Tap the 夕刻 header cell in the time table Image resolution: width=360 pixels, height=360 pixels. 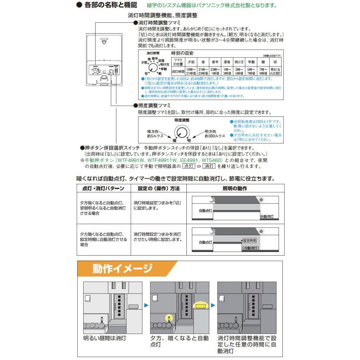coord(192,62)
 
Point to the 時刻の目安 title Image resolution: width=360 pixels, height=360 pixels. coord(182,53)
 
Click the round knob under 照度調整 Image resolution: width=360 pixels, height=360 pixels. coord(182,132)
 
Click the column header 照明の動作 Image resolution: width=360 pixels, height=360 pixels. coord(234,188)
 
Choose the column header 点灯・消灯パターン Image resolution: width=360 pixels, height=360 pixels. coord(103,188)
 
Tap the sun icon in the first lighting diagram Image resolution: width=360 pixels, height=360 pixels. coord(262,199)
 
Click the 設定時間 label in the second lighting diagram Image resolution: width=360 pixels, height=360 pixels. coord(250,241)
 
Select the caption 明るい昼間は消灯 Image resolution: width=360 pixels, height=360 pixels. coord(105,338)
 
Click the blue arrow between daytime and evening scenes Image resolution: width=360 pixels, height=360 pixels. coord(146,305)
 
